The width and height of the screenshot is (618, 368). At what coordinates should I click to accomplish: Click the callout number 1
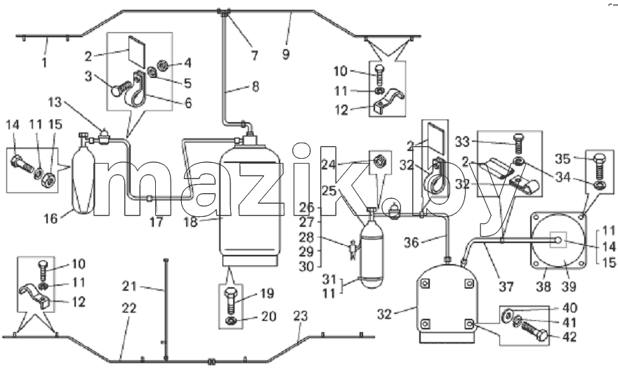pos(44,63)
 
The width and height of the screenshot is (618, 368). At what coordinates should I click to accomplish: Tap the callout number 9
pos(286,54)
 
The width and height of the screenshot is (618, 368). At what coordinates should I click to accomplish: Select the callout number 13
pos(55,103)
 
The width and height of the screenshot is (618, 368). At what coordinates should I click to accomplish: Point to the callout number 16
pos(51,218)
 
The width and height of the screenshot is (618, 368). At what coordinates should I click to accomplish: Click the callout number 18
pos(190,222)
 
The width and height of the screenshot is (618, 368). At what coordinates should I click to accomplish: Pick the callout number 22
pos(129,308)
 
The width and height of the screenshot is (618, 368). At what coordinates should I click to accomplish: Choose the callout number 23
pos(301,316)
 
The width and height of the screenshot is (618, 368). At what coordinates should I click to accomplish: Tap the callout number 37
pos(506,287)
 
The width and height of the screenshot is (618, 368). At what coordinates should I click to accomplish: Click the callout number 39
pos(569,287)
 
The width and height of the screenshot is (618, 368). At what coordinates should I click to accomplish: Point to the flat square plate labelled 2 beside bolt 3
pos(136,51)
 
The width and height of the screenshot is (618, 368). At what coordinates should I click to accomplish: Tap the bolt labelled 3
pos(121,88)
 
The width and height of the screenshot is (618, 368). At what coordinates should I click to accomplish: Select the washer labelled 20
pos(230,321)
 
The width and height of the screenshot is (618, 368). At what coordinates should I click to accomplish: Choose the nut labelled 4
pos(162,63)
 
